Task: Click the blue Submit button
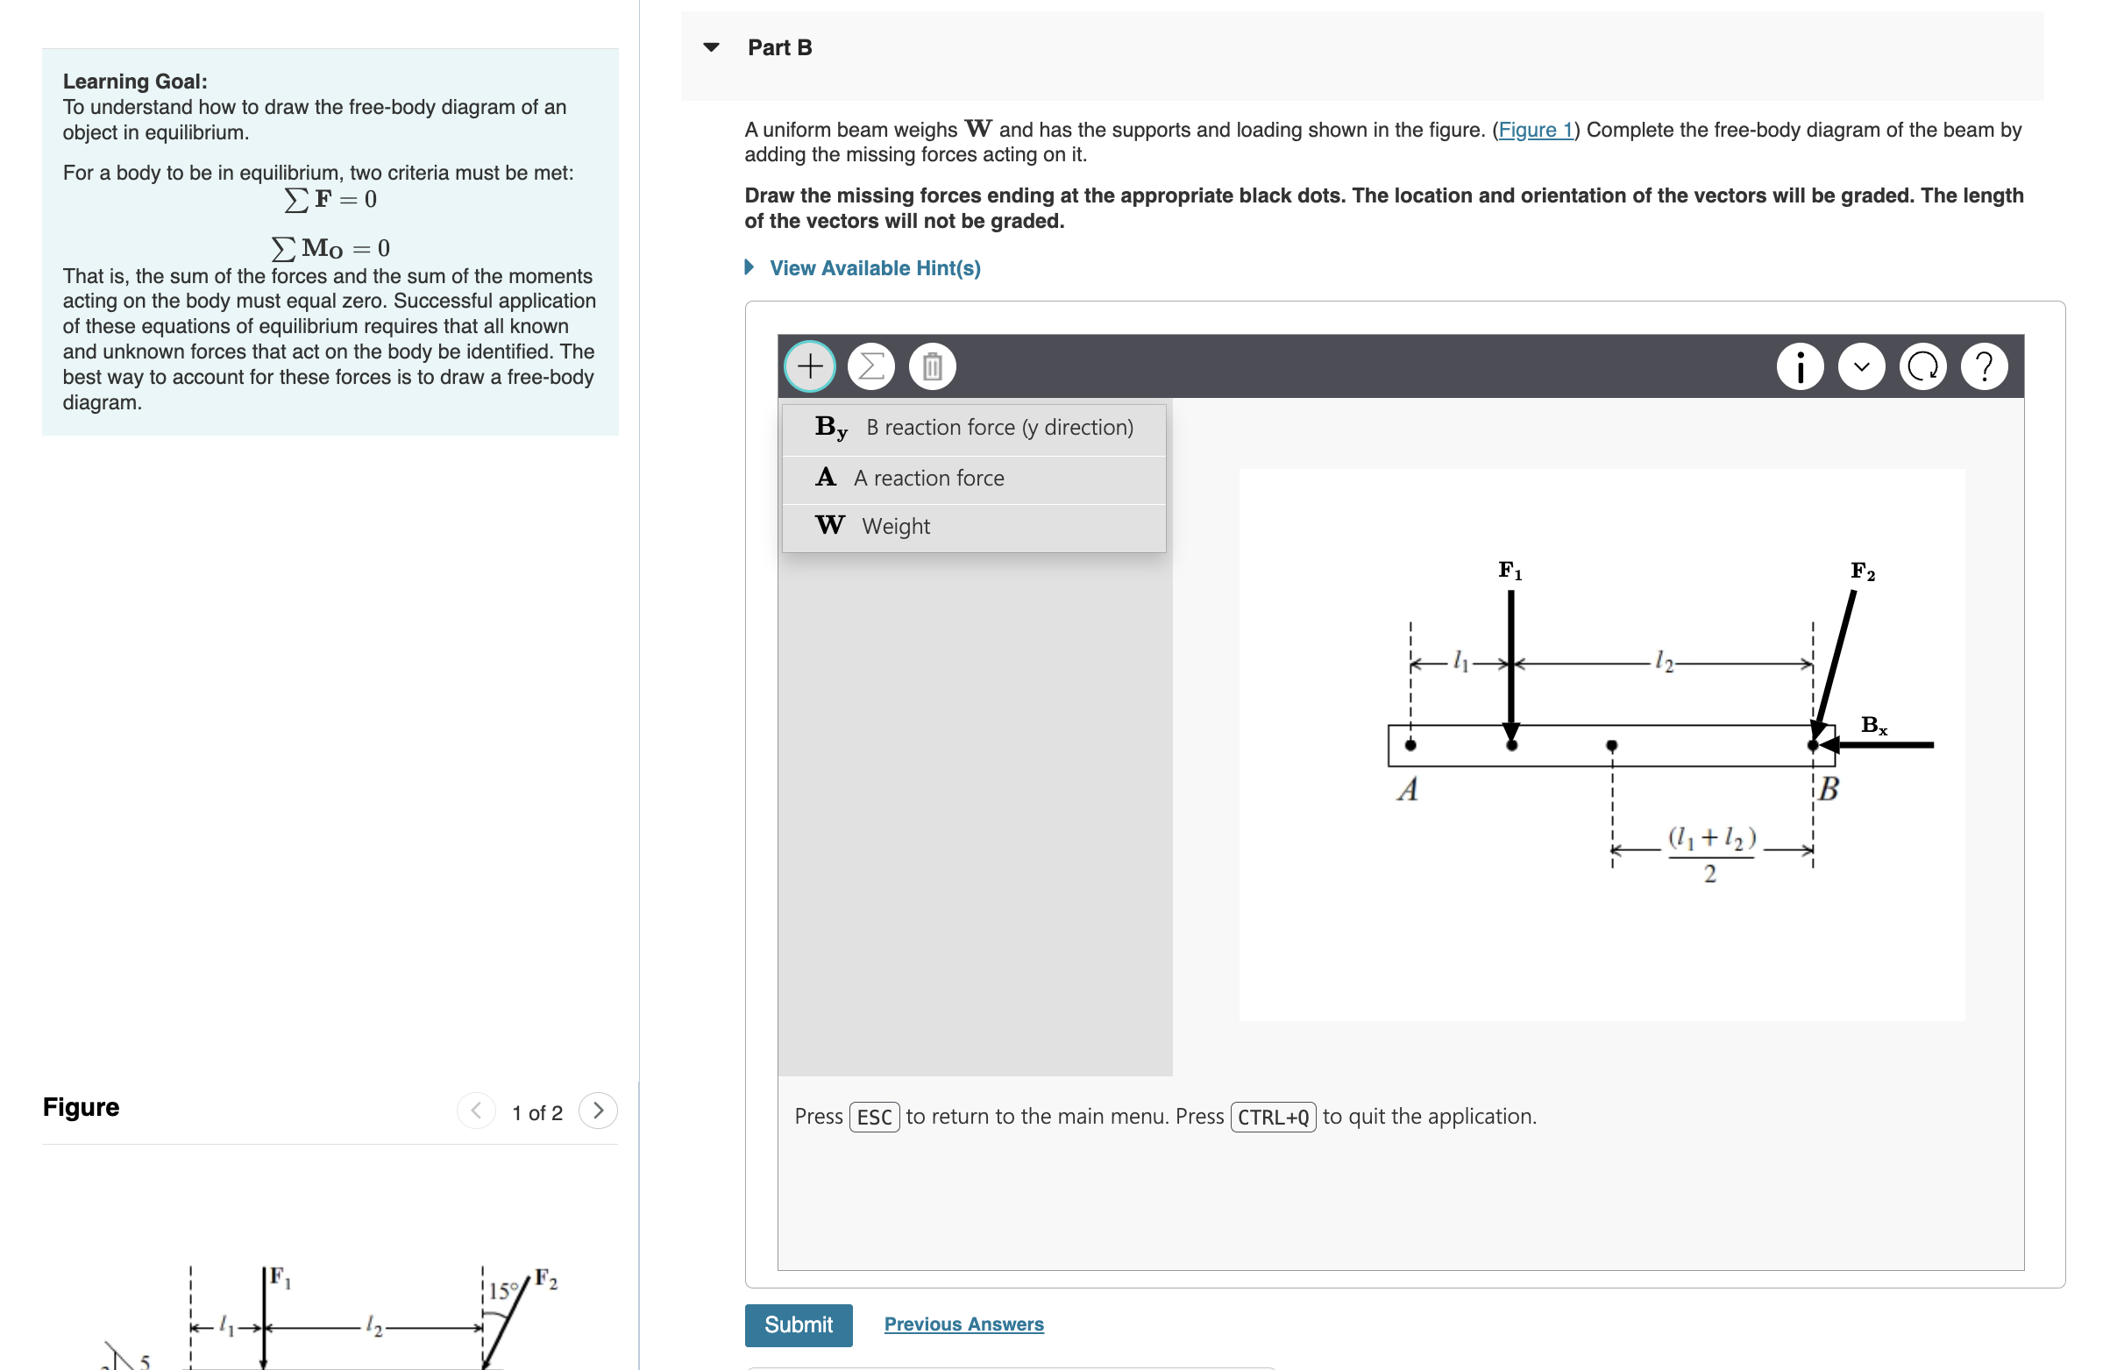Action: pos(798,1324)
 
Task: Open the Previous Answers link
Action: pos(963,1324)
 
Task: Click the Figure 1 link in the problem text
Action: pos(1535,130)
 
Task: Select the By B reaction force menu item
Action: pos(973,428)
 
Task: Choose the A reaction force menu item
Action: pos(973,479)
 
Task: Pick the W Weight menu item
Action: pos(973,527)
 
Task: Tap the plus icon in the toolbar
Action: pos(809,366)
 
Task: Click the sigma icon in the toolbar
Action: pos(870,366)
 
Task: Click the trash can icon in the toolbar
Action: pos(931,366)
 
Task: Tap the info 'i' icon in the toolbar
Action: pos(1800,366)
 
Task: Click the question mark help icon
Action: pos(1984,366)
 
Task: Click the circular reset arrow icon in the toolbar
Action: pos(1922,366)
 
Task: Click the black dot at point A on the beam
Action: pos(1410,746)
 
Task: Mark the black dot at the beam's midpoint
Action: pos(1611,746)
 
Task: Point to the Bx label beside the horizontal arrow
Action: pos(1873,726)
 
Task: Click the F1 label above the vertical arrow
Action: pos(1510,571)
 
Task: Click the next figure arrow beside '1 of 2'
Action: pos(598,1111)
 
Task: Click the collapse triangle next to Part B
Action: pos(711,47)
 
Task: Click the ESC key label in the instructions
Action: pos(873,1117)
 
